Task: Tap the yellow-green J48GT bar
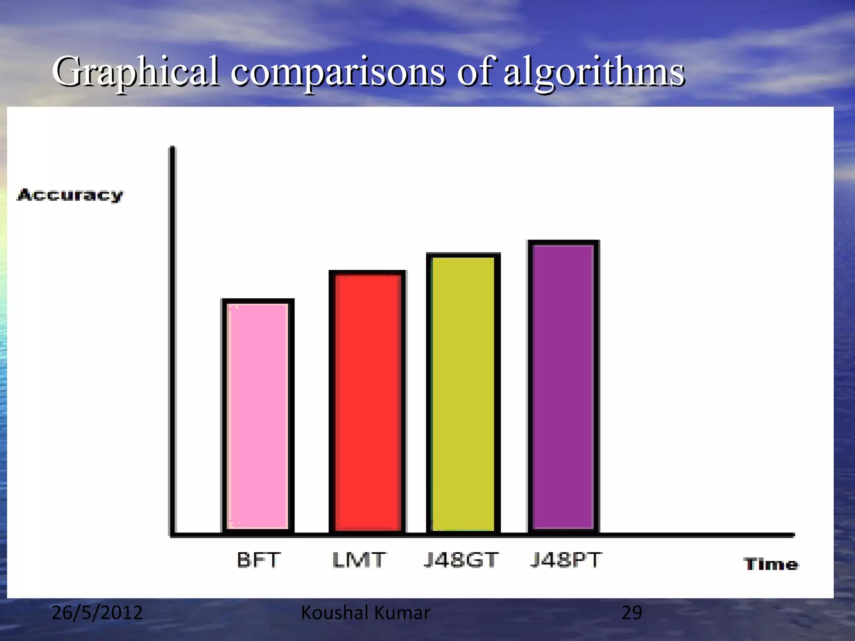[x=463, y=393]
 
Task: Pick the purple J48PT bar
[x=564, y=386]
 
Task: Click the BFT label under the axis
[x=258, y=560]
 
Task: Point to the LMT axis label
[x=359, y=560]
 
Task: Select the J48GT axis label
[x=461, y=560]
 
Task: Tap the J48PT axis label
[x=566, y=560]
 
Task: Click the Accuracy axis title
[x=70, y=195]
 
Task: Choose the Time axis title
[x=771, y=564]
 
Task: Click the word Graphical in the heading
[x=136, y=72]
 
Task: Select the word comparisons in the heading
[x=338, y=72]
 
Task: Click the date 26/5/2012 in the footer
[x=97, y=613]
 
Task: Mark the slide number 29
[x=632, y=613]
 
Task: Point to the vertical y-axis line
[x=172, y=334]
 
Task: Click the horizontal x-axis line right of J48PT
[x=697, y=535]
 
